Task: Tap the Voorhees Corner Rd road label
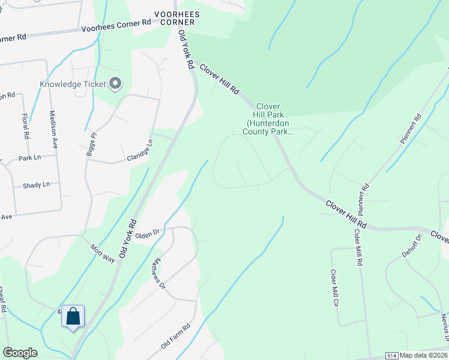(116, 25)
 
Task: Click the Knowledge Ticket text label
(73, 84)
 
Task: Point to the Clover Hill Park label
(268, 119)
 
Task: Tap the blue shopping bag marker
(73, 316)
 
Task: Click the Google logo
(20, 353)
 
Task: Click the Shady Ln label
(36, 185)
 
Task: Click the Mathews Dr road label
(158, 274)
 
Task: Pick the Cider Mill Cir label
(335, 288)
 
